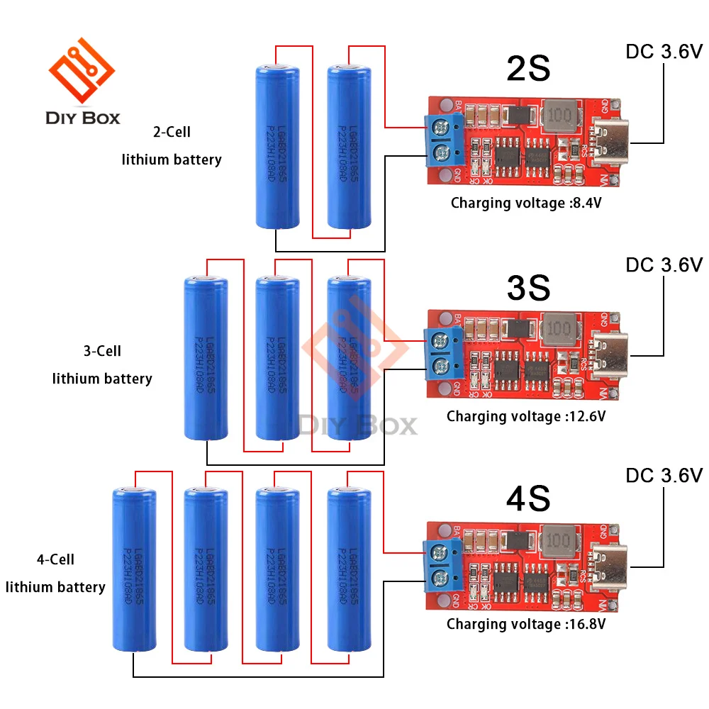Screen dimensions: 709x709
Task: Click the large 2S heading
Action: tap(528, 69)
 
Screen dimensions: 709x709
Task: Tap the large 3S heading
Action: tap(528, 287)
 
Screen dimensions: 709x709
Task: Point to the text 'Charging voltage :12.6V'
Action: tap(526, 416)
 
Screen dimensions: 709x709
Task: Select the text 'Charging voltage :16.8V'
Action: tap(526, 625)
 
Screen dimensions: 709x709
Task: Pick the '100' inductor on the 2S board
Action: tap(560, 115)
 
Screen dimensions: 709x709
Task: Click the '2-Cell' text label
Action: tap(172, 132)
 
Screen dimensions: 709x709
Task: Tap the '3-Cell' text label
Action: tap(102, 351)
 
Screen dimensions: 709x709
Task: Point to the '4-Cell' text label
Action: tap(55, 560)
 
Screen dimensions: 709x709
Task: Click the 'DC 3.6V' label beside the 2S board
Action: tap(664, 52)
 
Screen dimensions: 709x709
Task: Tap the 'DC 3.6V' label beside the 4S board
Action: tap(664, 475)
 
